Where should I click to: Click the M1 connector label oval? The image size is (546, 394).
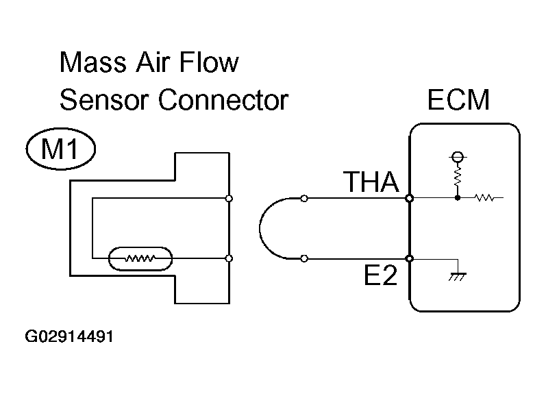click(60, 150)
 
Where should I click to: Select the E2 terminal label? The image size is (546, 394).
click(381, 278)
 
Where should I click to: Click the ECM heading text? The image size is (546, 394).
click(458, 101)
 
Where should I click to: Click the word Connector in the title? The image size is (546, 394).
click(223, 101)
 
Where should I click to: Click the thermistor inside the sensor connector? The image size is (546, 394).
click(140, 259)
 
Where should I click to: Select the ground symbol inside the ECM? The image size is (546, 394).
click(456, 275)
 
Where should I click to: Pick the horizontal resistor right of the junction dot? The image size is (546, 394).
click(485, 199)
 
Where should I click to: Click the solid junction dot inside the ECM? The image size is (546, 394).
click(456, 199)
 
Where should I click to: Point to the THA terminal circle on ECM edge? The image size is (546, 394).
click(409, 199)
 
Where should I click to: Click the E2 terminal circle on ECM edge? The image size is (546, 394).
click(409, 258)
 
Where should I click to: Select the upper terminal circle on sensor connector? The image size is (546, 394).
click(229, 199)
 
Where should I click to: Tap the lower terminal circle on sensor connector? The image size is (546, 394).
click(229, 258)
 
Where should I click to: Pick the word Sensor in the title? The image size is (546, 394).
click(103, 101)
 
